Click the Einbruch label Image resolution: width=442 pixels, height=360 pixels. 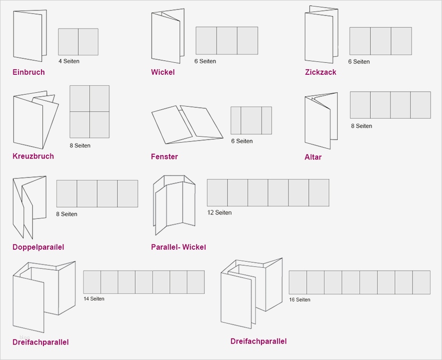pyautogui.click(x=28, y=72)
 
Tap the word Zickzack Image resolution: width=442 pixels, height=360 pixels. pyautogui.click(x=320, y=72)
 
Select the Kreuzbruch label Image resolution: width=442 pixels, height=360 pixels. pyautogui.click(x=33, y=156)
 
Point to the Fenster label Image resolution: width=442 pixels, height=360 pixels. pyautogui.click(x=164, y=157)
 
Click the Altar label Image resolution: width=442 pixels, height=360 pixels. pyautogui.click(x=313, y=157)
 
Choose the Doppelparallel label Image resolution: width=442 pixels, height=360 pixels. pyautogui.click(x=38, y=247)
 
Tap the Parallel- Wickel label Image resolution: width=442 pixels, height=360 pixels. pyautogui.click(x=178, y=247)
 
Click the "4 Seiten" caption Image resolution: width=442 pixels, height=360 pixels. pyautogui.click(x=69, y=61)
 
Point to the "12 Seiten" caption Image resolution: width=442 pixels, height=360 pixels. pyautogui.click(x=220, y=212)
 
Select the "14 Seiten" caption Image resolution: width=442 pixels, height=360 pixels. pyautogui.click(x=94, y=299)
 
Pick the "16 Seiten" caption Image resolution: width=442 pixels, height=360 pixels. pyautogui.click(x=299, y=300)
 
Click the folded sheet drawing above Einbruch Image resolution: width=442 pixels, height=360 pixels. pyautogui.click(x=29, y=35)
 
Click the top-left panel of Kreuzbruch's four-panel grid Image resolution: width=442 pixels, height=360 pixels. pyautogui.click(x=79, y=98)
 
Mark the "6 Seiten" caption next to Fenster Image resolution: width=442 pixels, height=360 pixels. pyautogui.click(x=241, y=141)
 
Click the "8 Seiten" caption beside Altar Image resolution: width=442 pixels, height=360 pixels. pyautogui.click(x=361, y=126)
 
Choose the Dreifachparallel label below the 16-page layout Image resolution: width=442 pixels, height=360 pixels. pyautogui.click(x=258, y=342)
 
